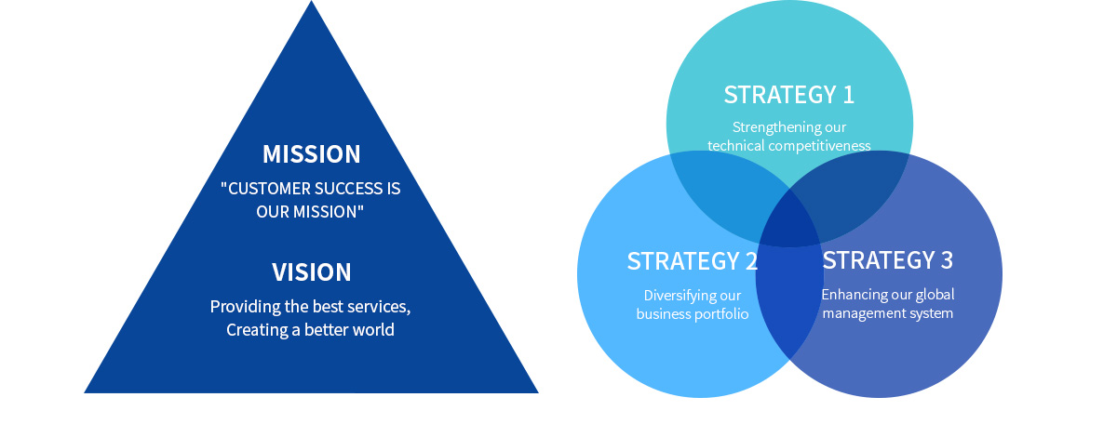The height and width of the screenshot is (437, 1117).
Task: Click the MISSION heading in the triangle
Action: tap(312, 154)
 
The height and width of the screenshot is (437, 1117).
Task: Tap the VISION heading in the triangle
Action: tap(312, 272)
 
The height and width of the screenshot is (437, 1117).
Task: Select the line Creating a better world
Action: tap(310, 330)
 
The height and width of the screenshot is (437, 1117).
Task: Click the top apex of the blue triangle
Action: tap(312, 1)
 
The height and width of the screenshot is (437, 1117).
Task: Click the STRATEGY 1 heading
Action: tap(789, 95)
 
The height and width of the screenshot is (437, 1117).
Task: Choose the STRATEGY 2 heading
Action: tap(693, 261)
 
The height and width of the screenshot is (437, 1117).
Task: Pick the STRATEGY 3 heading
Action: tap(888, 260)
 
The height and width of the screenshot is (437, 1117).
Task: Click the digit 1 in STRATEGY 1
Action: tap(848, 95)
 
